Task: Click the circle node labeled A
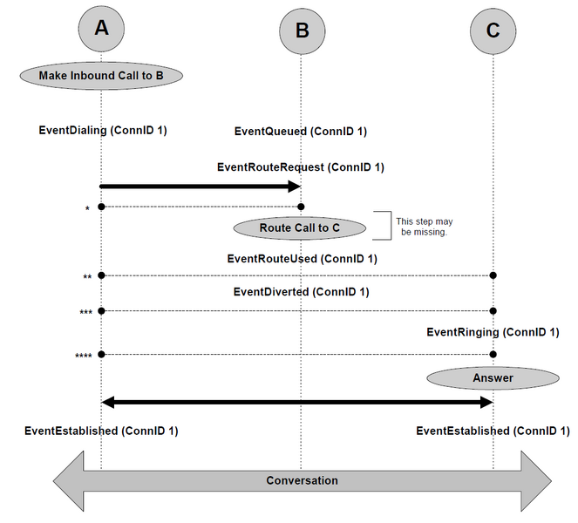[x=101, y=29]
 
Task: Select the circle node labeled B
[x=303, y=31]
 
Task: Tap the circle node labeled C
[x=493, y=31]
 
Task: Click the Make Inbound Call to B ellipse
[x=101, y=76]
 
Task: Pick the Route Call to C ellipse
[x=300, y=228]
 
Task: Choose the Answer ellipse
[x=493, y=377]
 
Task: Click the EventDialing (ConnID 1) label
[x=103, y=130]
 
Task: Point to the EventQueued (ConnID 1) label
[x=301, y=132]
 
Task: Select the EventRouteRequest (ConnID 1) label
[x=301, y=167]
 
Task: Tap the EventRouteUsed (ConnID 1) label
[x=303, y=258]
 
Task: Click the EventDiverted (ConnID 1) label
[x=301, y=291]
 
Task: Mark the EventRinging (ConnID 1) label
[x=493, y=332]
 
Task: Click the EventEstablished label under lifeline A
[x=101, y=431]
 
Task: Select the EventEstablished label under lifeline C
[x=493, y=431]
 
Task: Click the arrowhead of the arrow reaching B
[x=295, y=187]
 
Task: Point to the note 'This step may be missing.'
[x=425, y=227]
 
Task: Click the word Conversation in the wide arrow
[x=302, y=480]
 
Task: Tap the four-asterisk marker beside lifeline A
[x=84, y=356]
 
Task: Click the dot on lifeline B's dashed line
[x=301, y=207]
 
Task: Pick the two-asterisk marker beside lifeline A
[x=87, y=277]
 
